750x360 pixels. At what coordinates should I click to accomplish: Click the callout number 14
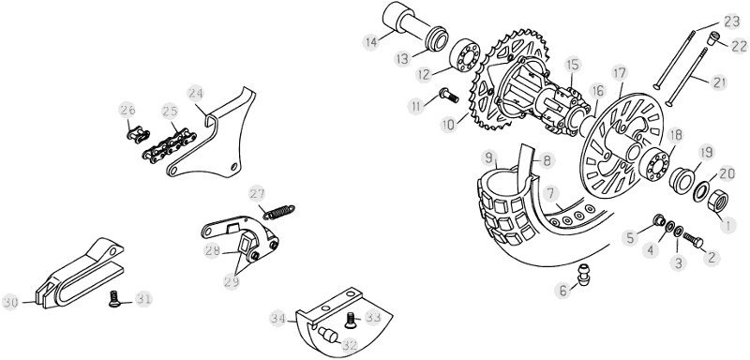point(370,41)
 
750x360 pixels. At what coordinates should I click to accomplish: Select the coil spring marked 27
point(278,212)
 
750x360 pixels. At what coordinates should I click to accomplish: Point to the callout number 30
point(11,302)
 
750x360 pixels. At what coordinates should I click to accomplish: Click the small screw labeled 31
point(113,299)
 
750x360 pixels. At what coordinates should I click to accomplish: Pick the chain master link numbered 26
point(138,135)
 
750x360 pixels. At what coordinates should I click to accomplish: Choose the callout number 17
point(620,74)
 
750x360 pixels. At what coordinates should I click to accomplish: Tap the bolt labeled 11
point(449,95)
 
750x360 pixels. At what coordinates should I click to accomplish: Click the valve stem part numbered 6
point(583,275)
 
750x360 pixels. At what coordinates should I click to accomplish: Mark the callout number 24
point(196,93)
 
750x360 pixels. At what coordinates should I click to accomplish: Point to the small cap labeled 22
point(713,37)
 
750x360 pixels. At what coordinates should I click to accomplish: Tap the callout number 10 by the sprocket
point(449,126)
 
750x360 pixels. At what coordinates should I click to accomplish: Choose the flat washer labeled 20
point(701,191)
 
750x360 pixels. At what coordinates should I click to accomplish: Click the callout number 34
point(277,318)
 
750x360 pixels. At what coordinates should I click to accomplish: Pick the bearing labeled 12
point(464,55)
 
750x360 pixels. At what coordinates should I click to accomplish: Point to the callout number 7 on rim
point(550,194)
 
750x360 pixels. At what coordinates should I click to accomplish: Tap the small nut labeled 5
point(659,220)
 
